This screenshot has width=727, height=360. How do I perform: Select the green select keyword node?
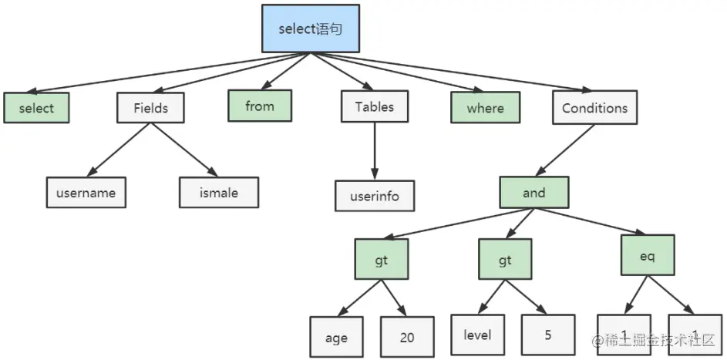(x=36, y=108)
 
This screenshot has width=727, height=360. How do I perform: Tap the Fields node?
(x=150, y=108)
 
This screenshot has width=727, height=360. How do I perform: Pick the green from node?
(x=260, y=106)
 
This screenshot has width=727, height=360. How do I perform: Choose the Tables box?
(x=374, y=107)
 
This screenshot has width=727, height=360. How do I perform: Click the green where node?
(x=485, y=108)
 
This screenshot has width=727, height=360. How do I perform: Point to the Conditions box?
(x=594, y=108)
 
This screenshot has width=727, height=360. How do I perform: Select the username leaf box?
(x=86, y=193)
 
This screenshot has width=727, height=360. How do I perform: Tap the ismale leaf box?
(x=219, y=193)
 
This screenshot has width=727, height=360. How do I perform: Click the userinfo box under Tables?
(x=375, y=196)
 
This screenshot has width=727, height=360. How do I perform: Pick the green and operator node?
(x=533, y=193)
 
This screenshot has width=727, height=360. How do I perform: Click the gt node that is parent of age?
(x=381, y=261)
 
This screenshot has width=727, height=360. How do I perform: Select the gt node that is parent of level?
(x=505, y=261)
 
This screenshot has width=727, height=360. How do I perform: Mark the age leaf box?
(x=336, y=338)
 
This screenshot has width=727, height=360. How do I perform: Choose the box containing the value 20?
(x=407, y=338)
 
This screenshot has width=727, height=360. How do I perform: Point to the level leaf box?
(x=477, y=336)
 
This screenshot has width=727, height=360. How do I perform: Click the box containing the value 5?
(x=547, y=336)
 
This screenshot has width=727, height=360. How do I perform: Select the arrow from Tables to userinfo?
(x=375, y=150)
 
